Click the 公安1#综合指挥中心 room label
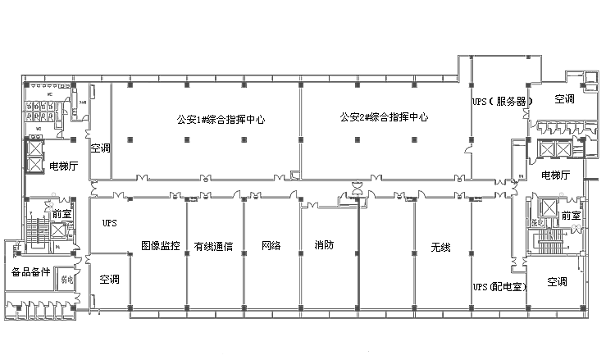221,119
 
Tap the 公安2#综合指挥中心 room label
384,117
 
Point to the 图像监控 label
160,245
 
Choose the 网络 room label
271,245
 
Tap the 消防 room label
324,244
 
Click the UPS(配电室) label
499,287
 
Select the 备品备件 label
31,271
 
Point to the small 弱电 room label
68,279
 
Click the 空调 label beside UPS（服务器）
564,99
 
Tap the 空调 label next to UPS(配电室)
557,281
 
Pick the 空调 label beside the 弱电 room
109,279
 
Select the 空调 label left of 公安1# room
100,148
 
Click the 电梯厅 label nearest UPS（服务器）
556,175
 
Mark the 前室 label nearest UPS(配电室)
571,215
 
